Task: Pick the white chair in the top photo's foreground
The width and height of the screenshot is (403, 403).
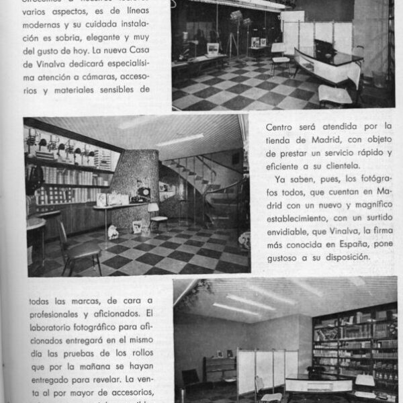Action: (336, 94)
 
